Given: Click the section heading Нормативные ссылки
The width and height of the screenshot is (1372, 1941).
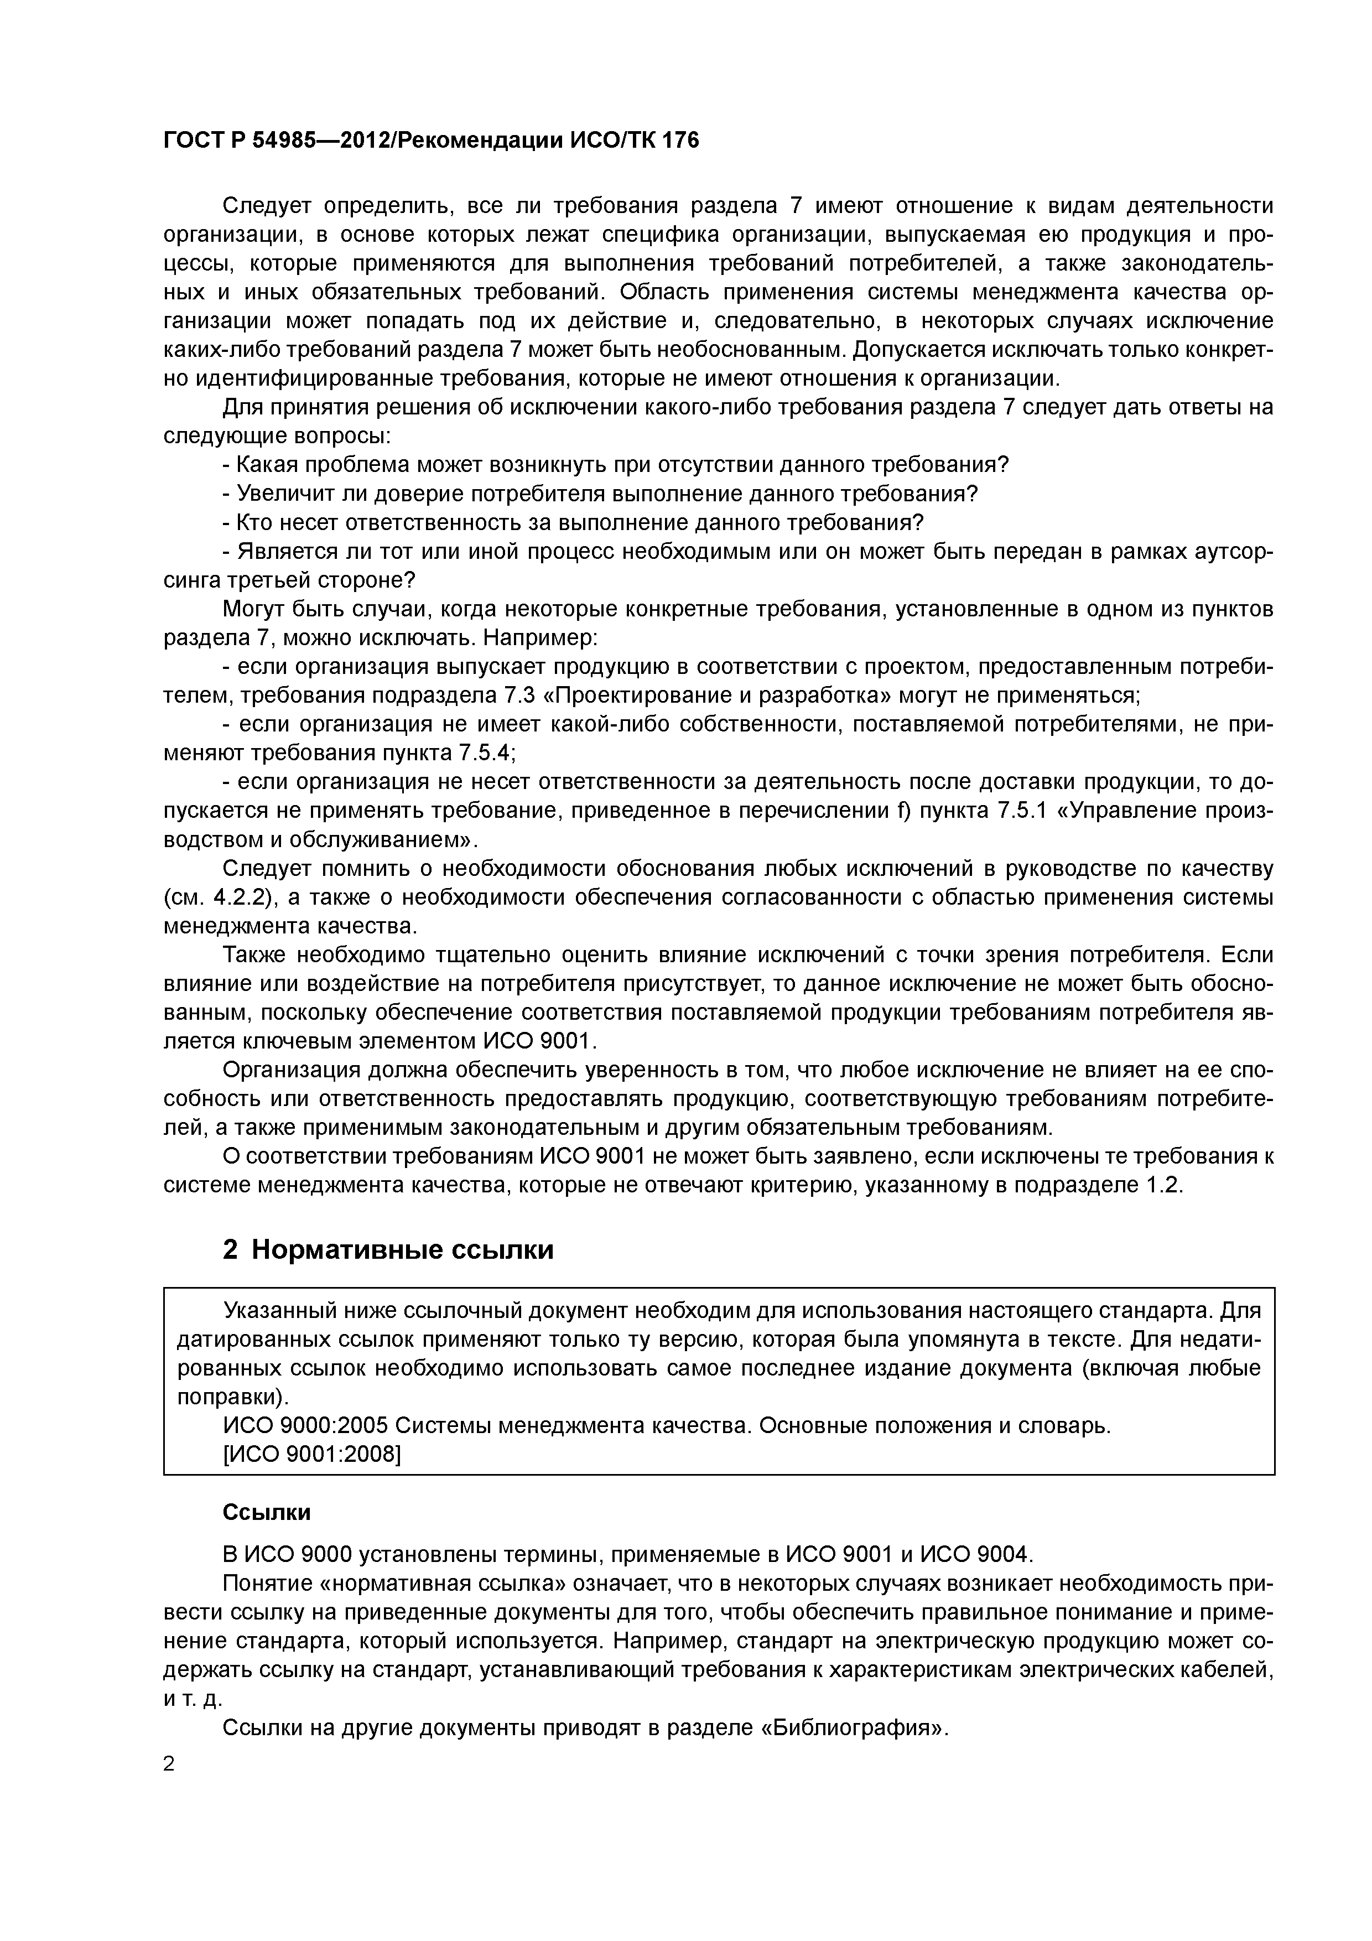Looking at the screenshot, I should pos(402,1249).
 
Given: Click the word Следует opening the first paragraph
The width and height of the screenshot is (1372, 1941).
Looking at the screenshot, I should pos(267,206).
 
